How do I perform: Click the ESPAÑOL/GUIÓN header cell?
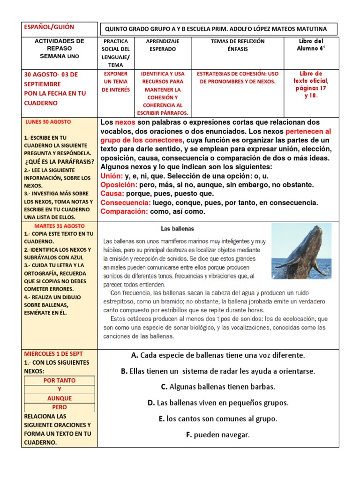coord(49,27)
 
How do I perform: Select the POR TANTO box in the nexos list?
coord(60,381)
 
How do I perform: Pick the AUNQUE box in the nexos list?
coord(60,398)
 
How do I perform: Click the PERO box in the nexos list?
coord(60,407)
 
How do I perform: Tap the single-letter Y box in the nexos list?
coord(60,390)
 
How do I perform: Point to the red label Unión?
coord(112,176)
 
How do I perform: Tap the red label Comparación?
coord(124,211)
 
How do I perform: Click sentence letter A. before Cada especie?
coord(134,355)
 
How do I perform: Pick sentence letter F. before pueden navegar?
coord(189,435)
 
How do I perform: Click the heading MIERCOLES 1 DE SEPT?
coord(52,353)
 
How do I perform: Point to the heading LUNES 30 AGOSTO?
coord(48,122)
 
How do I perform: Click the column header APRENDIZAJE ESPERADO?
coord(161,45)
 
